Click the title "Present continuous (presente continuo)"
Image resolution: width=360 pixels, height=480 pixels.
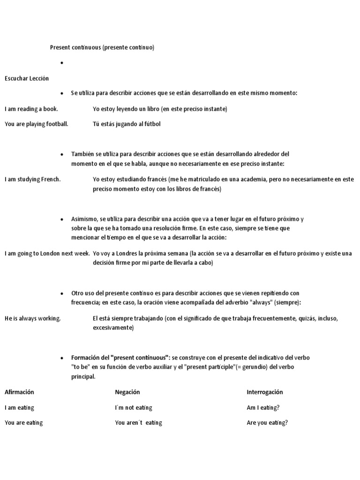(x=102, y=47)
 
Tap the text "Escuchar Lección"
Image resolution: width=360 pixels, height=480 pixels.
(x=27, y=78)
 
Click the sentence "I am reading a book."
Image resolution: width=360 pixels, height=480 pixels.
(x=31, y=109)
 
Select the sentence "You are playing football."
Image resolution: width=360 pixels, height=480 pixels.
(x=37, y=124)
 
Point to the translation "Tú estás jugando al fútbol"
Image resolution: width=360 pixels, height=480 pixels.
(x=127, y=124)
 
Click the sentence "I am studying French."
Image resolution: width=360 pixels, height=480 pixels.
(x=32, y=179)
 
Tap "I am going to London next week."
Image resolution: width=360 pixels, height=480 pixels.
(x=47, y=253)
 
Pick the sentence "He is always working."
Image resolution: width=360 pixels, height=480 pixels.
(x=33, y=318)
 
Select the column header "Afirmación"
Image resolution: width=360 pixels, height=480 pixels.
(x=19, y=392)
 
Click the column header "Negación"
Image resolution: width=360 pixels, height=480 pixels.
(x=127, y=392)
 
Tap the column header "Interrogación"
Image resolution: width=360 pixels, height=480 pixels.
(x=265, y=392)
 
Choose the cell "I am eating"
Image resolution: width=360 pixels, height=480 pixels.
(x=19, y=407)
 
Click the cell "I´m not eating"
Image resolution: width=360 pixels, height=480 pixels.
(x=134, y=407)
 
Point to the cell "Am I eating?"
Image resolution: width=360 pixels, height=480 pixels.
(x=263, y=407)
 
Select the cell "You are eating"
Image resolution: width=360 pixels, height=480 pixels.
(x=23, y=422)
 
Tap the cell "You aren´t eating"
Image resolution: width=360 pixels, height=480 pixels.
(x=138, y=422)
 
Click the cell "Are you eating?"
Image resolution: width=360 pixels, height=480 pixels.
(x=267, y=422)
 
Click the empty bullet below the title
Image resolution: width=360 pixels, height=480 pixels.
(x=61, y=63)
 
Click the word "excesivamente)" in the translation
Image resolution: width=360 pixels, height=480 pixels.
(x=113, y=328)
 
